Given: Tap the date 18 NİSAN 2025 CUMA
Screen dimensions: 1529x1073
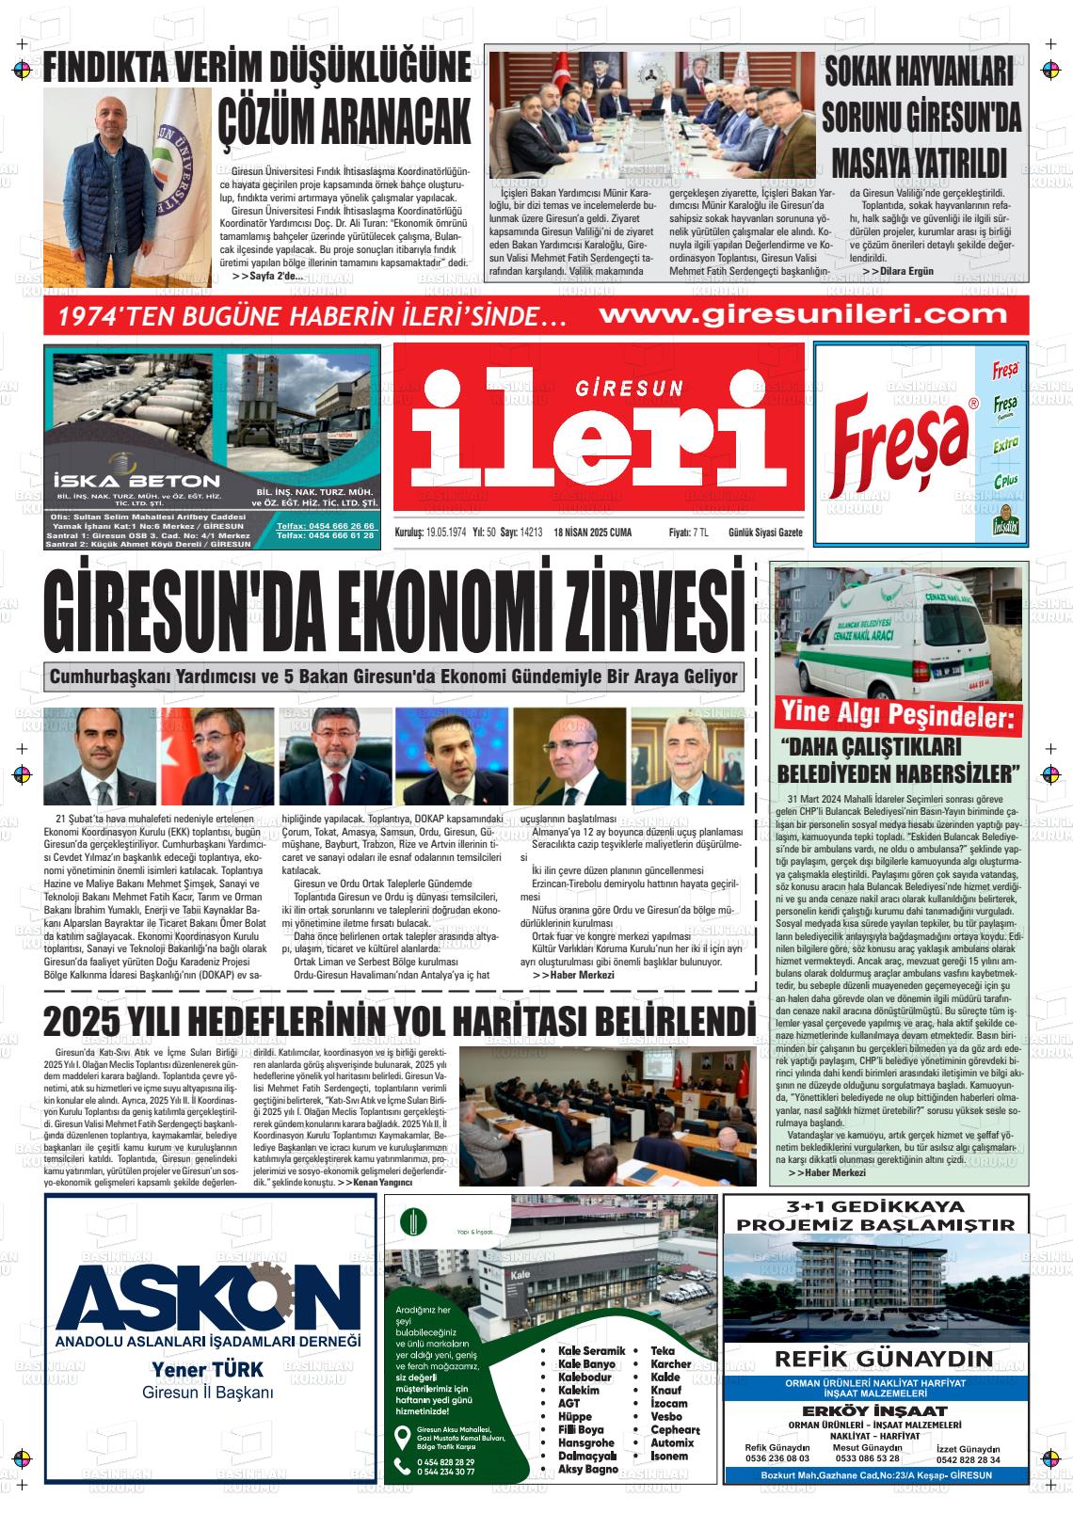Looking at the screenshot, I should point(593,533).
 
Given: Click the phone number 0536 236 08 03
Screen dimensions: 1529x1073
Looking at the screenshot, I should point(777,1458).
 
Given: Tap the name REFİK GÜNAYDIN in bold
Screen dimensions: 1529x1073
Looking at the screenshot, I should point(884,1359).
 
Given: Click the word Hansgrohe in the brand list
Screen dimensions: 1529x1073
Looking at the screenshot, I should point(585,1442).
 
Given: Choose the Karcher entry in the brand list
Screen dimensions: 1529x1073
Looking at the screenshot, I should point(670,1363).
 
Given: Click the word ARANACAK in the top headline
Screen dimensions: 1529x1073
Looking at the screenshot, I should point(344,119).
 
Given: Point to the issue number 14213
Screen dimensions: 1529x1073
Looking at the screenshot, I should point(533,533).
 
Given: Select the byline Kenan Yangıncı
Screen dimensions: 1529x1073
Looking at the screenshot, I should point(380,1182).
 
